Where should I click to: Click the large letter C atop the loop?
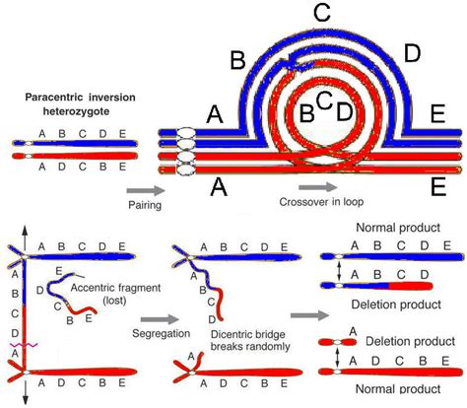321,14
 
